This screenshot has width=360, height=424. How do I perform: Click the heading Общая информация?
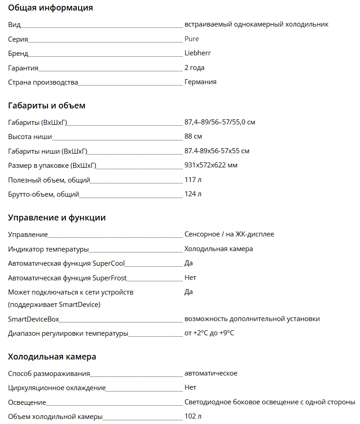[x=50, y=8]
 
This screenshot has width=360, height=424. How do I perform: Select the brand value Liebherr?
[x=197, y=53]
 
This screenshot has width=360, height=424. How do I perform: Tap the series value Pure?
[x=191, y=39]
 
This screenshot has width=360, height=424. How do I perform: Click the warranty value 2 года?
[x=194, y=68]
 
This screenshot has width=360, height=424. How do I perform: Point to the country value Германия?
[x=200, y=82]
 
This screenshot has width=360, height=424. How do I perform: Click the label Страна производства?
[x=43, y=82]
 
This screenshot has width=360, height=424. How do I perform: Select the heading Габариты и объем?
[x=47, y=106]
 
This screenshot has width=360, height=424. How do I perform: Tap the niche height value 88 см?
[x=193, y=136]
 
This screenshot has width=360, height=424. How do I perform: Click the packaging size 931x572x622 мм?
[x=211, y=165]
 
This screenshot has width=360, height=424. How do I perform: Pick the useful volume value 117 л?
[x=193, y=180]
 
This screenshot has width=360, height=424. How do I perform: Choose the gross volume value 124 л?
[x=193, y=194]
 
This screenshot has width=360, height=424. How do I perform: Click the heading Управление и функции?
[x=57, y=218]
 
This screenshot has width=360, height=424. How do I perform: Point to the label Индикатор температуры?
[x=48, y=249]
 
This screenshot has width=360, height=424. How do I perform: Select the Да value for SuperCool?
[x=188, y=263]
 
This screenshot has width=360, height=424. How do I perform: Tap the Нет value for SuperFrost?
[x=190, y=278]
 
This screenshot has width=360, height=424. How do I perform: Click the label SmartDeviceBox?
[x=33, y=319]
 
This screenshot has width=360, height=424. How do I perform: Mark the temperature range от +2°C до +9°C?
[x=209, y=333]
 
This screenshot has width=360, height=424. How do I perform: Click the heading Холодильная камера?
[x=52, y=357]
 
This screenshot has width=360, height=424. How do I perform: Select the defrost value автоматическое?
[x=211, y=373]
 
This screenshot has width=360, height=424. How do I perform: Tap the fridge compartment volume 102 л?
[x=193, y=416]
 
